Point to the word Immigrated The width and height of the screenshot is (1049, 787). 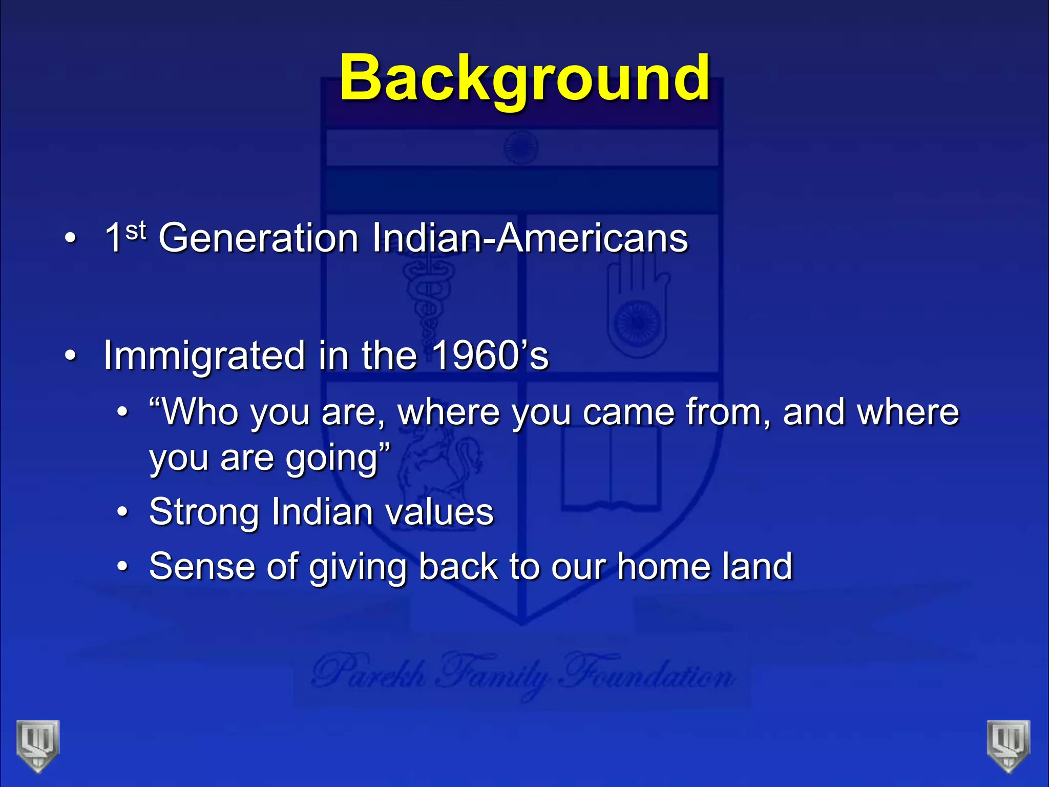pyautogui.click(x=204, y=356)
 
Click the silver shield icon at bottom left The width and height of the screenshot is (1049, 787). pyautogui.click(x=37, y=745)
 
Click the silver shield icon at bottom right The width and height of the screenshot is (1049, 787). pyautogui.click(x=1008, y=745)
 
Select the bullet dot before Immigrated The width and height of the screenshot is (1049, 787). pyautogui.click(x=71, y=356)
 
